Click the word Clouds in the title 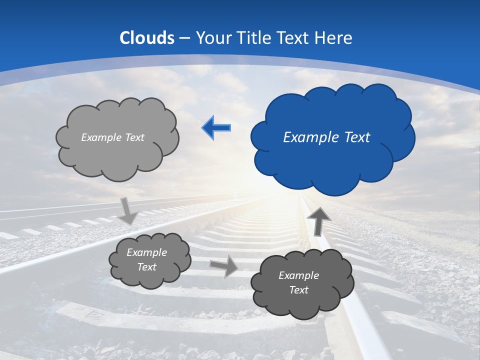tap(147, 38)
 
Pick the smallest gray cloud tap(149, 260)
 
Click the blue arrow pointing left tap(216, 128)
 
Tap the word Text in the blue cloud tap(354, 137)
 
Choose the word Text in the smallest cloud tap(147, 267)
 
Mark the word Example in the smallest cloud tap(147, 253)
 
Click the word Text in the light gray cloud tap(135, 137)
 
